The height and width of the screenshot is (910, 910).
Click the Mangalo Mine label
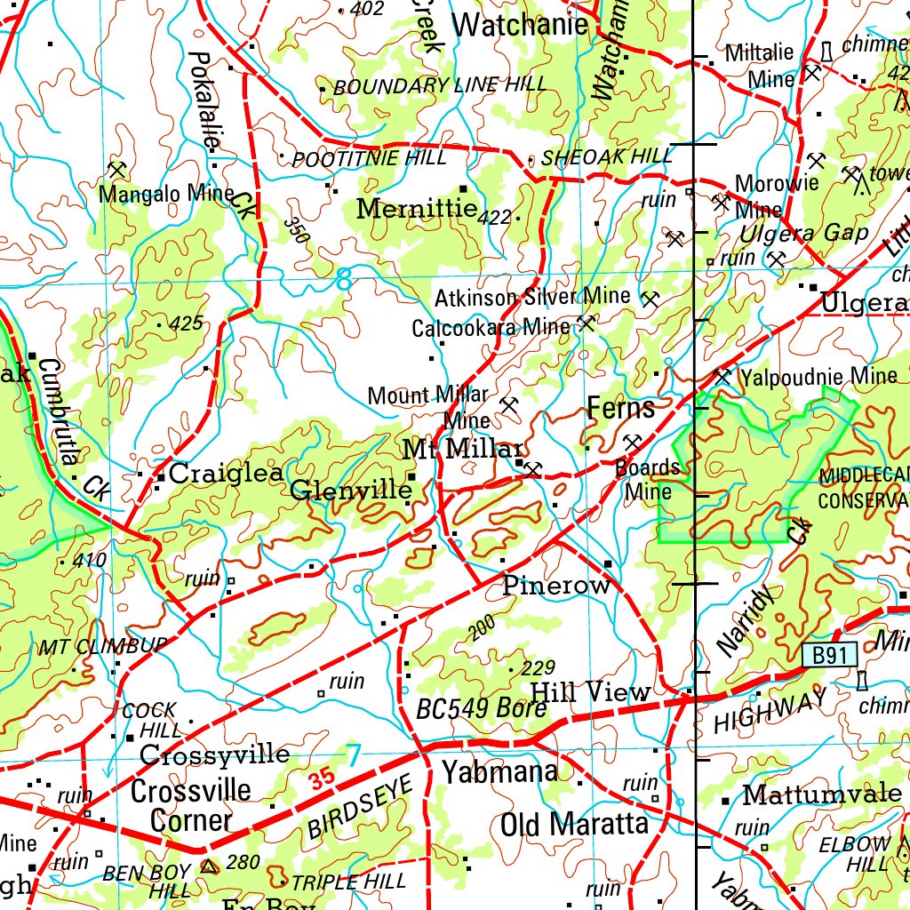coord(166,193)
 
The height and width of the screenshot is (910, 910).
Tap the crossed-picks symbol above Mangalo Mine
coord(116,169)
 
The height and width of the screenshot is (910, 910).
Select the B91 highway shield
coord(829,655)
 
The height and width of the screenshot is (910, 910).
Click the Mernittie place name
coord(417,209)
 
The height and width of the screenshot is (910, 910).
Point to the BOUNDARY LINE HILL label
coord(440,86)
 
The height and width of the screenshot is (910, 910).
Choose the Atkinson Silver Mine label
coord(532,297)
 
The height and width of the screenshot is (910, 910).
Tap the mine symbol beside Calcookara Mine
coord(586,323)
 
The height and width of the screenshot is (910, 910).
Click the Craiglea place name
coord(226,474)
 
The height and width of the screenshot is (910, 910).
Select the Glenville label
coord(351,491)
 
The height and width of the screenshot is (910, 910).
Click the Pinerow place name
coord(556,586)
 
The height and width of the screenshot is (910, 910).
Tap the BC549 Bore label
coord(481,708)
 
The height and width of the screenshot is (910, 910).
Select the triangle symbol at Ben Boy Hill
coord(210,865)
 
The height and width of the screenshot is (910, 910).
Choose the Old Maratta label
coord(574,824)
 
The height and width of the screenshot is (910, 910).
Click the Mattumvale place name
coord(822,794)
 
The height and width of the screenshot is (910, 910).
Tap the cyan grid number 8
coord(344,283)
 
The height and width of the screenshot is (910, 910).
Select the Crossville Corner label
coord(191,805)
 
